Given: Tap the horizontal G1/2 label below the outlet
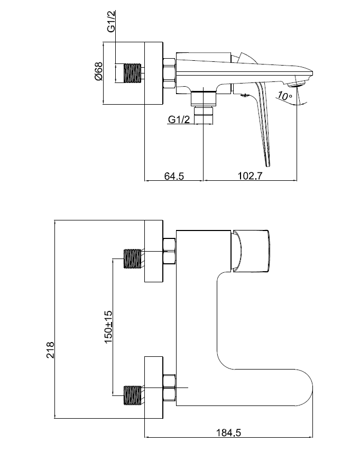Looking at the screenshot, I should [x=179, y=120].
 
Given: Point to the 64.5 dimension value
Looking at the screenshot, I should [x=173, y=177].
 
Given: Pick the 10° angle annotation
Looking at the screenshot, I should [x=284, y=96].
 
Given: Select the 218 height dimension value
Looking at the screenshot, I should [x=50, y=350].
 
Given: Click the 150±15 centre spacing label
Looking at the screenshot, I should [x=108, y=327].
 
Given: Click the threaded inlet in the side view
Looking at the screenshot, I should [x=133, y=73].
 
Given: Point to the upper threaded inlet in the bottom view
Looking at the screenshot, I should [x=133, y=259].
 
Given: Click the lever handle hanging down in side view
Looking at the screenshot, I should [x=264, y=124].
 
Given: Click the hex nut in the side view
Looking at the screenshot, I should [x=170, y=73].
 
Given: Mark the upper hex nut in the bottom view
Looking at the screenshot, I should [x=170, y=251].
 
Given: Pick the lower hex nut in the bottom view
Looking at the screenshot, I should [x=170, y=389].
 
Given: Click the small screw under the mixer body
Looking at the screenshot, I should [x=244, y=96].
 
